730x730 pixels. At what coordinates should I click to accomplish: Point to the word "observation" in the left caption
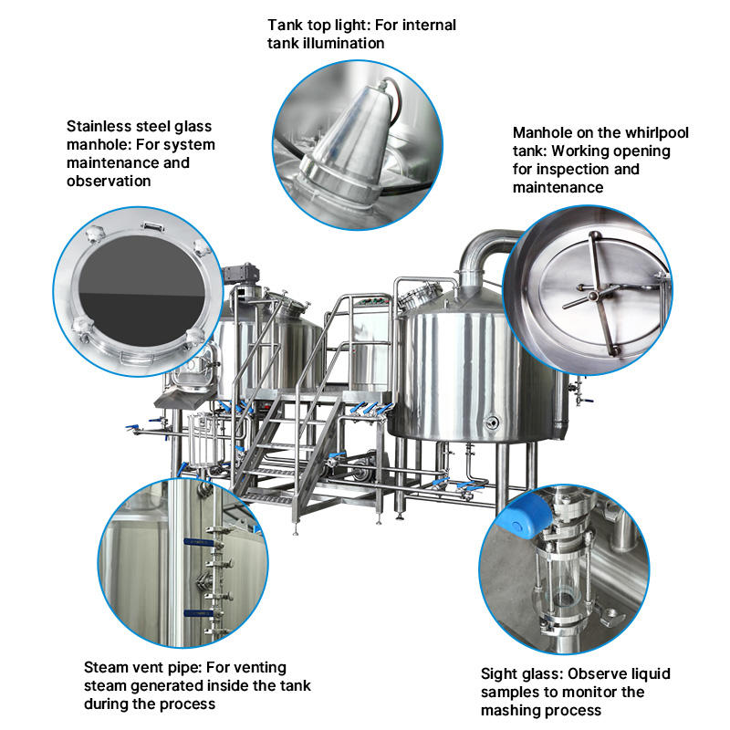109,181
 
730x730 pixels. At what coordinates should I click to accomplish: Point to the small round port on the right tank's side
493,422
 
